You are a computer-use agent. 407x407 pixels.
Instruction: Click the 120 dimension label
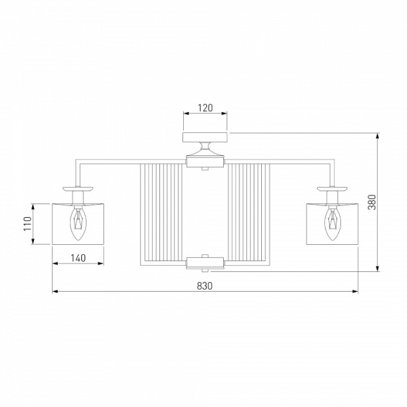206,107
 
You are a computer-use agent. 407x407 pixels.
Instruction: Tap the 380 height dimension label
372,202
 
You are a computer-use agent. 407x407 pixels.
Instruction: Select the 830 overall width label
205,286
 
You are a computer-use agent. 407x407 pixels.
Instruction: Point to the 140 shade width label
78,258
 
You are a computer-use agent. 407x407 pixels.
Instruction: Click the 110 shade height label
27,223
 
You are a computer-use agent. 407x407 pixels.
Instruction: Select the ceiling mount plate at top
205,137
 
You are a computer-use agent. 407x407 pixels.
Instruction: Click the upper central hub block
205,162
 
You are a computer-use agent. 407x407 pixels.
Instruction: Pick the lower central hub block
205,263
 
